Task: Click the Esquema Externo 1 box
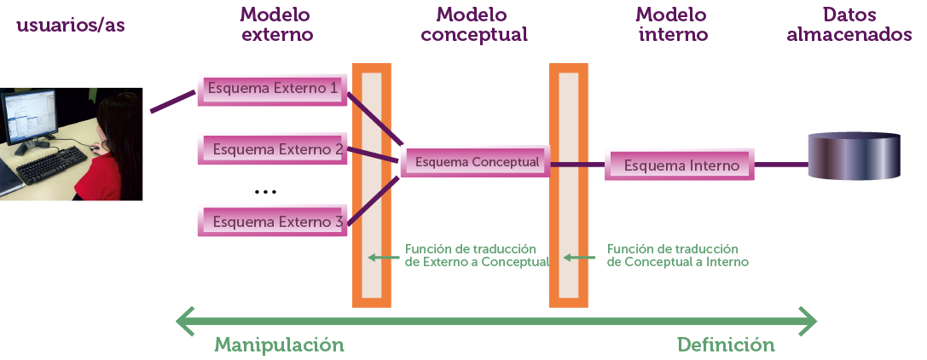click(272, 90)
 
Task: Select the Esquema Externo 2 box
click(271, 149)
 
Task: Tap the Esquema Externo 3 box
click(271, 222)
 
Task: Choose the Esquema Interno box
click(680, 165)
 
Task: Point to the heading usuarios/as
click(71, 26)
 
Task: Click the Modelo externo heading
click(276, 25)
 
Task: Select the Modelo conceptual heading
click(474, 25)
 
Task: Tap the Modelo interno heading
click(673, 25)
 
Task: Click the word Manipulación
click(279, 345)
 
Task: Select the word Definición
click(726, 345)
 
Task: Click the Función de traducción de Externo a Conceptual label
click(475, 255)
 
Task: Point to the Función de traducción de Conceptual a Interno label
click(677, 255)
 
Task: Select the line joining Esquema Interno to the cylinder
click(780, 165)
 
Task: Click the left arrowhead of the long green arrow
click(183, 322)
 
